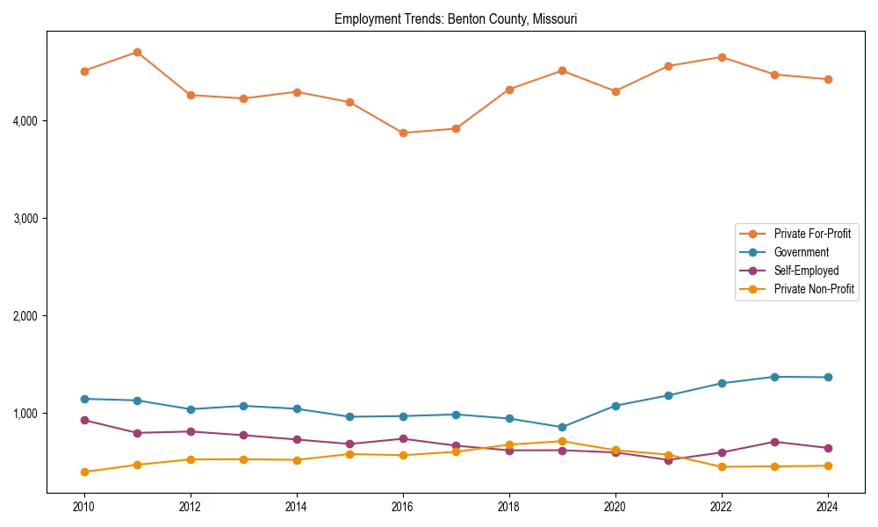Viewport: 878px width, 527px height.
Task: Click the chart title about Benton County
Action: [x=456, y=18]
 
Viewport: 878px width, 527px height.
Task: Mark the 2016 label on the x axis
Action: [x=403, y=507]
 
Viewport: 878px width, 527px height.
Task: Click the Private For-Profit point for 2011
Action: [x=137, y=52]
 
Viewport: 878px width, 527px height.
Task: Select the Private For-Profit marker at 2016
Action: [x=403, y=133]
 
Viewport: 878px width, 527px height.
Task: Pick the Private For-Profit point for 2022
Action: [x=722, y=57]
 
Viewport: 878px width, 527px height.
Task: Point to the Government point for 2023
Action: [x=774, y=377]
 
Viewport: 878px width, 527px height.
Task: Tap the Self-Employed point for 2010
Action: [x=84, y=420]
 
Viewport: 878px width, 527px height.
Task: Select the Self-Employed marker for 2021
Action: [x=668, y=460]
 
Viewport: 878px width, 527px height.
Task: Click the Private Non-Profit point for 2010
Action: [x=84, y=472]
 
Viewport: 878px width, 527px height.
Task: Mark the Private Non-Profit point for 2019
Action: [x=562, y=441]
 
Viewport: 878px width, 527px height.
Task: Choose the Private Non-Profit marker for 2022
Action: [x=722, y=466]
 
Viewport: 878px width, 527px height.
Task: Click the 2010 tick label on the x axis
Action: [x=84, y=507]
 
